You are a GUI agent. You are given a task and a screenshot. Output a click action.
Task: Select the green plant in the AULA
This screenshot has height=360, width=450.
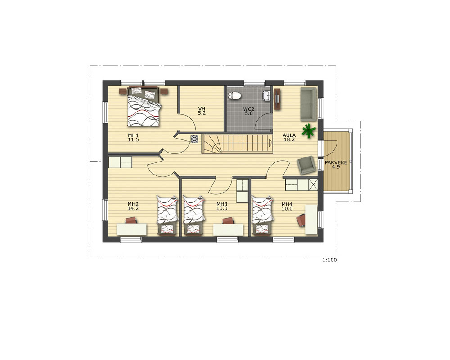pos(309,131)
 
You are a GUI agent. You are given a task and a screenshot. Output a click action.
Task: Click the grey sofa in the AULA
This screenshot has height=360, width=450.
pos(308,104)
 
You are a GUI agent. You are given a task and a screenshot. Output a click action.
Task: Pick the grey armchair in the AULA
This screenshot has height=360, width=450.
pos(306,165)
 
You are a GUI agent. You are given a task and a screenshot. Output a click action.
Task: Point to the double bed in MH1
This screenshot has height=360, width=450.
pos(143,107)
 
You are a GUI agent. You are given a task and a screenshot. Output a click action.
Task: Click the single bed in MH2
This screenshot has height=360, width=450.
pos(167,215)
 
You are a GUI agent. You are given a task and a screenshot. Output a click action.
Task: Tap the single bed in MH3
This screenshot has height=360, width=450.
pos(193,215)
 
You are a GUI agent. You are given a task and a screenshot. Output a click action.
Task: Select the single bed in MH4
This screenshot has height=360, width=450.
pos(262,215)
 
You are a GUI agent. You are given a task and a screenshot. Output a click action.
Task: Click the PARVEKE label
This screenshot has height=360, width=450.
pos(336,162)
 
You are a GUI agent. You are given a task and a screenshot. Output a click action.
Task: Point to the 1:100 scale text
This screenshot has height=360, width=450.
pos(329,260)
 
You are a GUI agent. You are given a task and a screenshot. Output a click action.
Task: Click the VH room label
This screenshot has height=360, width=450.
pos(202,109)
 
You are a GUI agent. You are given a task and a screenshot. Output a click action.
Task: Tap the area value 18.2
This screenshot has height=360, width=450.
pos(289,139)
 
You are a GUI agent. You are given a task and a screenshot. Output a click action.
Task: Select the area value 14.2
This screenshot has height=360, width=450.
pos(133,208)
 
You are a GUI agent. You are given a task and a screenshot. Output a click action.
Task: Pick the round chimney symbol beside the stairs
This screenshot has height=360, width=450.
pos(194,139)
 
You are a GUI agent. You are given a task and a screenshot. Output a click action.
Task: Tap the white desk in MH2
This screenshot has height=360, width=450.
pos(132,229)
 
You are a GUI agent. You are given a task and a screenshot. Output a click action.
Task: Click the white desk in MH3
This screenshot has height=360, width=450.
pos(228,229)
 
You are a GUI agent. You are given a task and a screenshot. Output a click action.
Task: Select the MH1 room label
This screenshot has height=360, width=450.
pos(133,135)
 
